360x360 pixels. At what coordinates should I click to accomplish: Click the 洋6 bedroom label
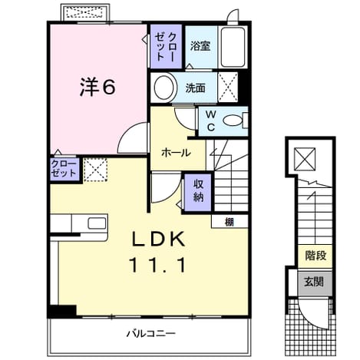[x=97, y=87]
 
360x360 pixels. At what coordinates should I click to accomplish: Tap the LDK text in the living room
[x=158, y=239]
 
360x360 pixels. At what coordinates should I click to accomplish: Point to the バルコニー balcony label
[x=151, y=333]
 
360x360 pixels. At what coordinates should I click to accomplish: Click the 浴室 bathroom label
[x=200, y=46]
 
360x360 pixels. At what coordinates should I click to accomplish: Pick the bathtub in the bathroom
[x=233, y=47]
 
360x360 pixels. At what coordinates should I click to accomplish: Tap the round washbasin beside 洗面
[x=164, y=88]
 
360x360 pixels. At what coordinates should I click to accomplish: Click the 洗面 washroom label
[x=195, y=88]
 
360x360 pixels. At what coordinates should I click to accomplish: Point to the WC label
[x=210, y=121]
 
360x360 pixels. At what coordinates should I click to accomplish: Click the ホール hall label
[x=176, y=153]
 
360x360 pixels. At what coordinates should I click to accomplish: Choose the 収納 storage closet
[x=198, y=193]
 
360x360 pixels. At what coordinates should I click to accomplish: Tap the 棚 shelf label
[x=229, y=222]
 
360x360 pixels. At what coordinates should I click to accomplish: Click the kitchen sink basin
[x=97, y=223]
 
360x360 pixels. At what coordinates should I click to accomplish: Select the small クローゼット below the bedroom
[x=64, y=169]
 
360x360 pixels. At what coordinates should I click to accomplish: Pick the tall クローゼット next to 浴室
[x=166, y=46]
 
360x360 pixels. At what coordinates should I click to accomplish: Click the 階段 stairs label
[x=315, y=256]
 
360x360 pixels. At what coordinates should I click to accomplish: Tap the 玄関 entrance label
[x=314, y=282]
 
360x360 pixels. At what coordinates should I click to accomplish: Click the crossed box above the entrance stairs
[x=305, y=159]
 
